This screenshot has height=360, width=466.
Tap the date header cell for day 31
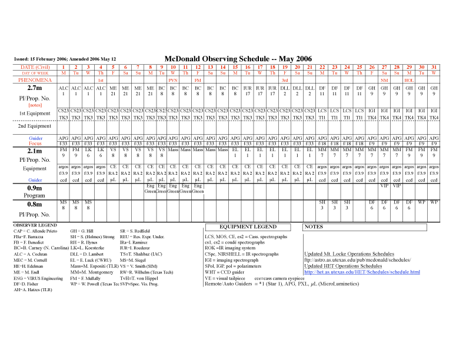click(x=434, y=67)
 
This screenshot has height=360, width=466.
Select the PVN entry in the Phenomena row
click(x=173, y=79)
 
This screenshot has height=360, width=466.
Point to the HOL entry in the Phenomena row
click(x=409, y=79)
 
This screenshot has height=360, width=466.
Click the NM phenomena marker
click(x=384, y=79)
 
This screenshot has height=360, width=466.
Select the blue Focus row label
click(x=35, y=143)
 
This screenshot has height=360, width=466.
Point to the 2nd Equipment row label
click(x=35, y=126)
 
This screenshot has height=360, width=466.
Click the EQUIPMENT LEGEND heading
click(x=247, y=226)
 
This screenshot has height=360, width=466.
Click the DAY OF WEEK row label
click(x=35, y=73)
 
